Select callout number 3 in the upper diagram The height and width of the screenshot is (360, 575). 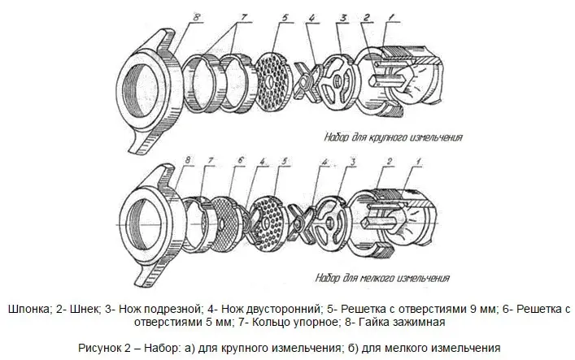(x=344, y=19)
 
